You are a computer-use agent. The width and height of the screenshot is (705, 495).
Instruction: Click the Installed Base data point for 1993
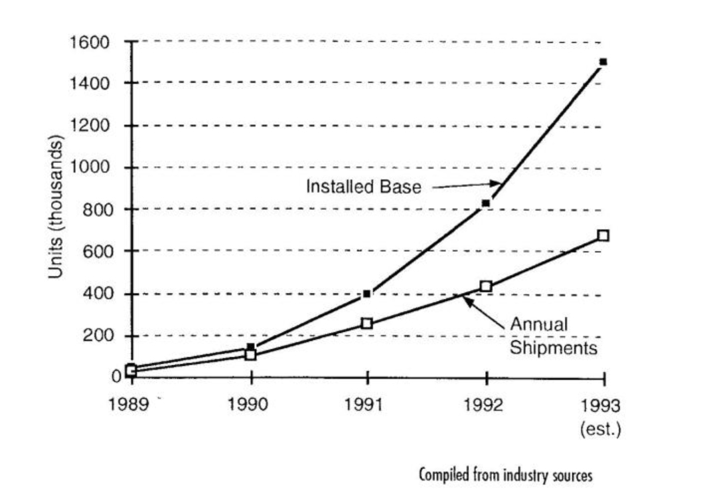coord(603,62)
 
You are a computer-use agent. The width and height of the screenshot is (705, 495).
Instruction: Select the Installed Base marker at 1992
coord(486,203)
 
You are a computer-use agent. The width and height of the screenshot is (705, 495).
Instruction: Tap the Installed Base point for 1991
coord(367,293)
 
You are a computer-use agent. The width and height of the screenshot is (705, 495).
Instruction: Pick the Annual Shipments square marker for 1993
coord(603,235)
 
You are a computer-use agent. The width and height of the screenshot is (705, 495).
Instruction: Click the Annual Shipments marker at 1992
coord(486,286)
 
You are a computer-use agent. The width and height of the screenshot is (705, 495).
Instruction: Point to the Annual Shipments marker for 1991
coord(367,324)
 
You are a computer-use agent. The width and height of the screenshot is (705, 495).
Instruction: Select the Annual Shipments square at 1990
coord(250,354)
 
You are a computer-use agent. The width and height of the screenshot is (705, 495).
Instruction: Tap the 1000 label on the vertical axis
coord(96,167)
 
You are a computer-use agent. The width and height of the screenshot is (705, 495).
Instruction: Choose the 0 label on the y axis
coord(116,377)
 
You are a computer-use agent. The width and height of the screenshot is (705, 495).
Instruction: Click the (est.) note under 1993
coord(601,429)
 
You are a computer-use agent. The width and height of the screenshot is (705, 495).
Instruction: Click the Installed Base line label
coord(363,187)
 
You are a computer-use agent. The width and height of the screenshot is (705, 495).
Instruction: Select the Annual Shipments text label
coord(553,336)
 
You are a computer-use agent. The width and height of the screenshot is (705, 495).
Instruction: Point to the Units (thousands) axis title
coord(57,207)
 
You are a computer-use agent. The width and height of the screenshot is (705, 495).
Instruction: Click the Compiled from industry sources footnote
coord(505,475)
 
